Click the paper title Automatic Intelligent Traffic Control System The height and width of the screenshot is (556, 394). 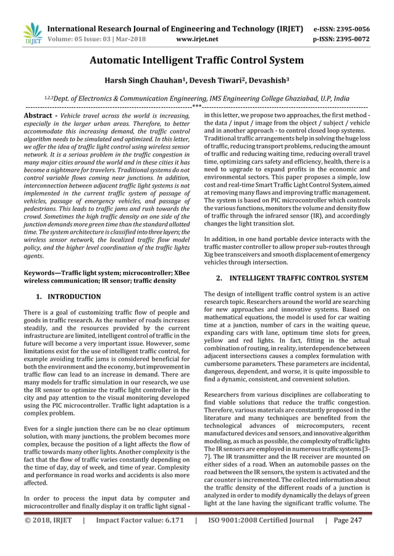click(197, 60)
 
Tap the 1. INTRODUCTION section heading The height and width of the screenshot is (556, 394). click(68, 296)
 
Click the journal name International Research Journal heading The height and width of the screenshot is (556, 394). click(175, 28)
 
